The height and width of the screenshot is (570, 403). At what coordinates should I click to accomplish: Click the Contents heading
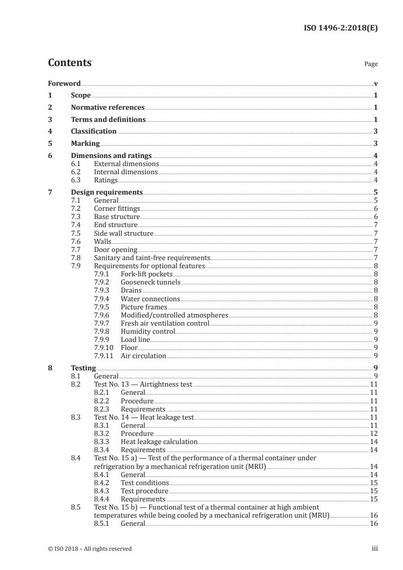pyautogui.click(x=70, y=63)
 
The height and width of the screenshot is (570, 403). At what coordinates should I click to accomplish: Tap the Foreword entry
pyautogui.click(x=64, y=83)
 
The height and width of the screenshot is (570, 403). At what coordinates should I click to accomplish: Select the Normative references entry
pyautogui.click(x=108, y=108)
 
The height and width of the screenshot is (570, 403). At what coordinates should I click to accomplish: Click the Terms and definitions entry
pyautogui.click(x=108, y=120)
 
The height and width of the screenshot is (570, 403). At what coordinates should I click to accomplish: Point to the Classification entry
pyautogui.click(x=94, y=132)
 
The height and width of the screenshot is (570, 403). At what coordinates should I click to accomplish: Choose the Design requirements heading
pyautogui.click(x=107, y=193)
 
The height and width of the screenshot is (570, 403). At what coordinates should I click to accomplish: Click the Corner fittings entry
pyautogui.click(x=117, y=209)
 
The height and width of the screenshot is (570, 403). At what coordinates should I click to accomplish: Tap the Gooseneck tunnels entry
pyautogui.click(x=150, y=282)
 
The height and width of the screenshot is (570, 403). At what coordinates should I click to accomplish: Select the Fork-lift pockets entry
pyautogui.click(x=145, y=274)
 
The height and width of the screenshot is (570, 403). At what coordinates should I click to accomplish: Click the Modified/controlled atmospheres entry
pyautogui.click(x=174, y=315)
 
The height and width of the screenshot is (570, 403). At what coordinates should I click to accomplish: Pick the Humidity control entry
pyautogui.click(x=147, y=331)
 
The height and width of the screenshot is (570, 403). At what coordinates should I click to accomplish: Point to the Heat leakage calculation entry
pyautogui.click(x=159, y=441)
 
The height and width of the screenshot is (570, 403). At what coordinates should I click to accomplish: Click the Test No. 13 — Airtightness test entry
pyautogui.click(x=143, y=385)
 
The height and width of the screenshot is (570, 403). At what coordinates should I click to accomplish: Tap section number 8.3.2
pyautogui.click(x=104, y=433)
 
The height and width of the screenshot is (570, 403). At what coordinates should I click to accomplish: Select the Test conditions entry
pyautogui.click(x=144, y=483)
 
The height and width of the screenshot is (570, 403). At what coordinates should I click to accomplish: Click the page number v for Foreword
pyautogui.click(x=376, y=83)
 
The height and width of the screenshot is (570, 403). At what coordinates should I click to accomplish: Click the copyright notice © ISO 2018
pyautogui.click(x=89, y=548)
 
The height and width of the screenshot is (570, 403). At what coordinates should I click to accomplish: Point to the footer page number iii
pyautogui.click(x=375, y=548)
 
